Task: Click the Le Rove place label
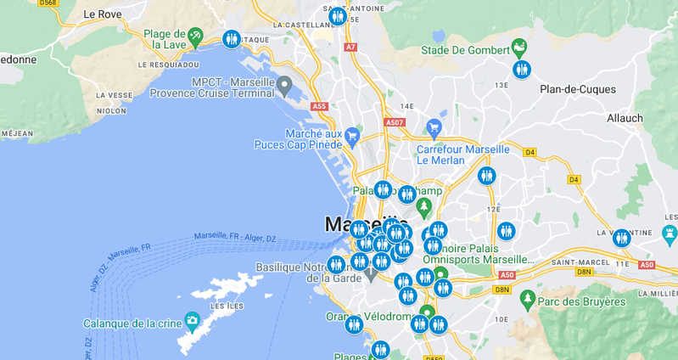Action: (x=103, y=14)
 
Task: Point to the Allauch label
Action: (x=625, y=118)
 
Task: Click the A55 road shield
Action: (x=319, y=106)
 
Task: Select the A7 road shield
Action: (x=350, y=48)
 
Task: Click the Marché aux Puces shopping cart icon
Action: (x=352, y=134)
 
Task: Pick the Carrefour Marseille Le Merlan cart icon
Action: (x=434, y=128)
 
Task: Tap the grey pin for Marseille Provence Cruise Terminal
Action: (x=284, y=85)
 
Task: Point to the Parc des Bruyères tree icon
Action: (x=528, y=300)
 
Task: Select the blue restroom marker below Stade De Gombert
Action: (x=522, y=70)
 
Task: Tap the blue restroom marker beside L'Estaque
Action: (x=232, y=39)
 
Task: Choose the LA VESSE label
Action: (x=114, y=95)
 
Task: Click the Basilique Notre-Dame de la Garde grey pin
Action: (x=371, y=276)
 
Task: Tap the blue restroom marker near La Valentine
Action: (x=622, y=239)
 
